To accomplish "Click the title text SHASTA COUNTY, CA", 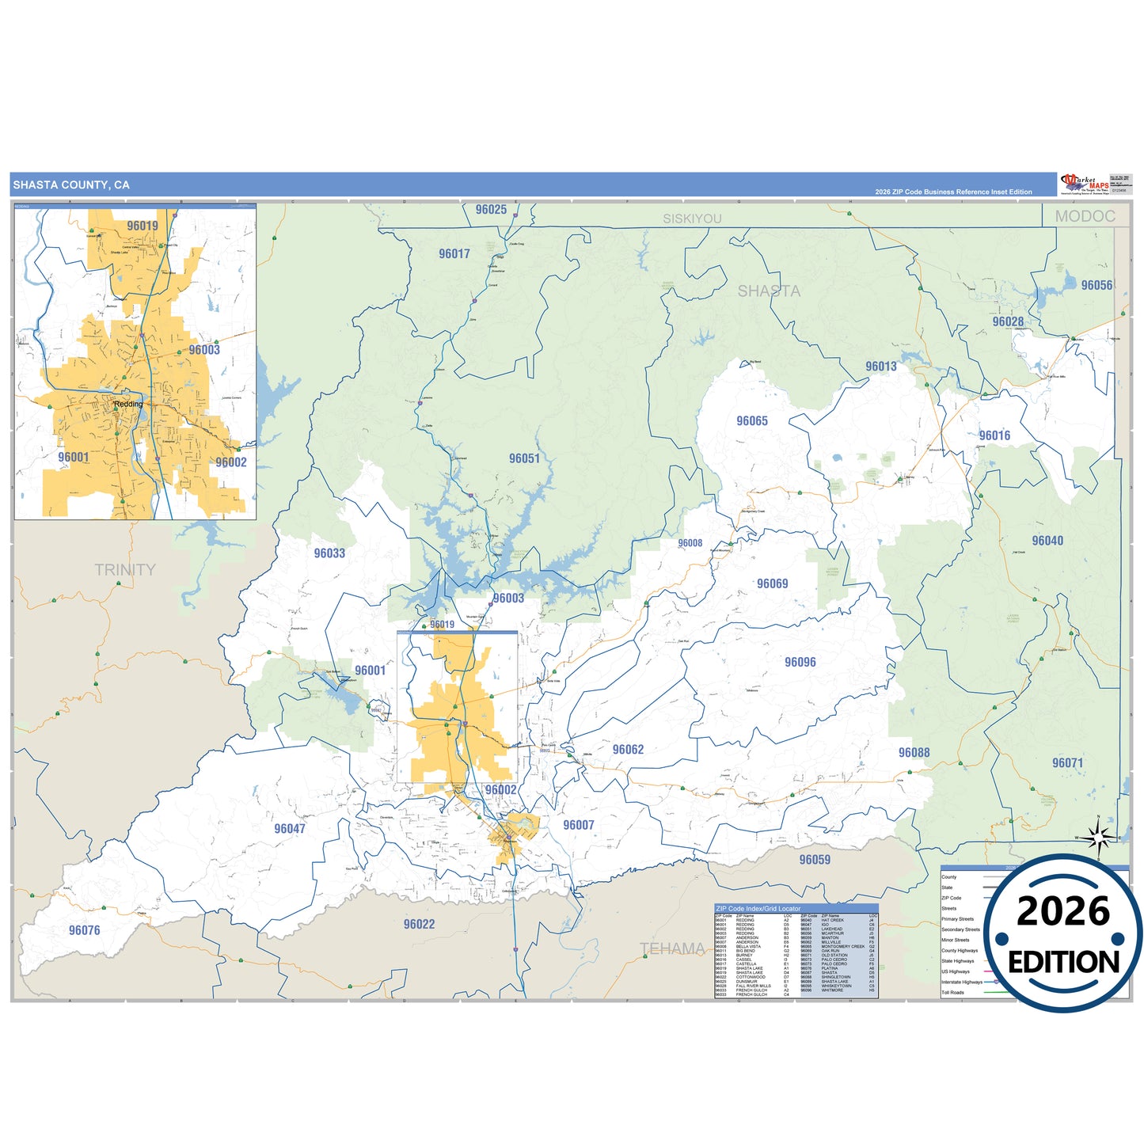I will click(71, 185).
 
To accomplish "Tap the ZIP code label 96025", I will click(491, 210).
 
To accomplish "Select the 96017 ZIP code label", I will click(454, 254).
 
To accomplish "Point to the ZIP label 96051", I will click(524, 459).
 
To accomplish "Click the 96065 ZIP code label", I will click(752, 421).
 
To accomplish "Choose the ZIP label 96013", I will click(881, 367).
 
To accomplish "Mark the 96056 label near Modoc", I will click(1096, 286).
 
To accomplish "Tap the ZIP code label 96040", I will click(1047, 541).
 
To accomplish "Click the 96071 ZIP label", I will click(1067, 763).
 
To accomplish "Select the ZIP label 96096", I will click(800, 663).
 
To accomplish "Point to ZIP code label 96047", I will click(290, 829).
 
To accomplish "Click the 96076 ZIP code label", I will click(85, 931).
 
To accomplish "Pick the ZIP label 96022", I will click(419, 925).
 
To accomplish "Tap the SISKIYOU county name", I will click(692, 219).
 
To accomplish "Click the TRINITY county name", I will click(125, 570).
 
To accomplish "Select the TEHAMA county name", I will click(672, 948).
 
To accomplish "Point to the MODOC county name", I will click(1085, 216).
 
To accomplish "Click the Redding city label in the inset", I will click(128, 404).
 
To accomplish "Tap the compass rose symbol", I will click(1098, 837).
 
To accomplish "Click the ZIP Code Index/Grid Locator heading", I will click(758, 909).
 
